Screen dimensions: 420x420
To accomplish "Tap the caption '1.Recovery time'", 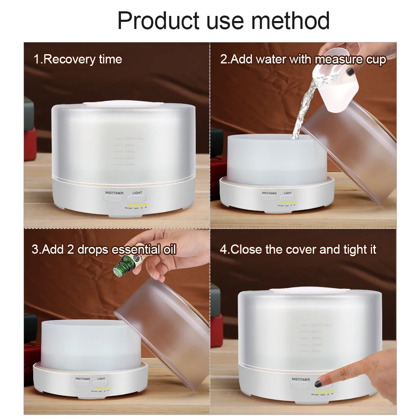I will pos(78,59).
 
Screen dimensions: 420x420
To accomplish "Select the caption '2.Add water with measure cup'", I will pos(303,59).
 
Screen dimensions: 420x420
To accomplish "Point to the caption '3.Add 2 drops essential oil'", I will pos(104,249).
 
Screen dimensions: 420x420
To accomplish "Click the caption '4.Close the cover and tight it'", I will pos(298,249).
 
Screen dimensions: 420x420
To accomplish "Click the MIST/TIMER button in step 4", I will pos(300,383).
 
